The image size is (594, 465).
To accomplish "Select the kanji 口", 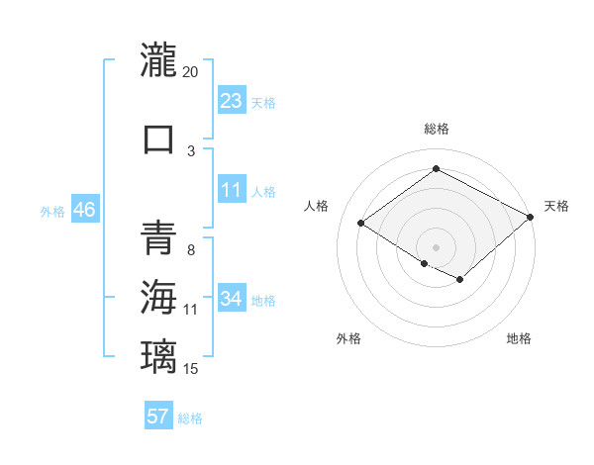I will coord(158,139).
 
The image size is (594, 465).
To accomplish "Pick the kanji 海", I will coord(158,296).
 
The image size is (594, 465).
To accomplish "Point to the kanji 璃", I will coord(158,355).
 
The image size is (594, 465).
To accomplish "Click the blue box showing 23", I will coord(232,101).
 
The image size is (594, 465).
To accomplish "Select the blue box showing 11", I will coord(232,190).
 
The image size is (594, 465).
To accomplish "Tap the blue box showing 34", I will coord(232,299).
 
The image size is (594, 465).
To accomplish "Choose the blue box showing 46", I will coord(84,211).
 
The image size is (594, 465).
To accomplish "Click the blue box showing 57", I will coord(158,417).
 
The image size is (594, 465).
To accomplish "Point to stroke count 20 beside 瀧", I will coord(191,72).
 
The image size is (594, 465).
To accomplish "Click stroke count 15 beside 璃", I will coord(191,369).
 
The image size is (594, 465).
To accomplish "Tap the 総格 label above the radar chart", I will coord(436,129).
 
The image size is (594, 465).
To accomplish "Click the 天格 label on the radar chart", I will coord(556,206).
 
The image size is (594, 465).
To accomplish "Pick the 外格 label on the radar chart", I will coord(348,338).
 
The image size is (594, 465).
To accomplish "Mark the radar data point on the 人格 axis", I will coord(361,224).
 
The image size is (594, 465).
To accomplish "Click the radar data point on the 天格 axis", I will coord(532,218).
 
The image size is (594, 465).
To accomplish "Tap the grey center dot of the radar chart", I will coord(436,246).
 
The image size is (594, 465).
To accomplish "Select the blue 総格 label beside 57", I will coord(190,418).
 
